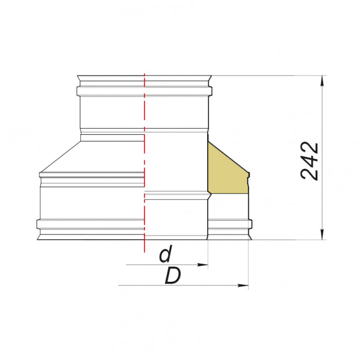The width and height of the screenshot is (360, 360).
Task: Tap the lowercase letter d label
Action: [165, 255]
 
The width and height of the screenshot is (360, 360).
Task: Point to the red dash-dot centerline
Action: [145, 154]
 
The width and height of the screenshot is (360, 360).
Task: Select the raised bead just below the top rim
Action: [145, 92]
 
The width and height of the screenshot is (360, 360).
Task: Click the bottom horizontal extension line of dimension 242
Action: [288, 240]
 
